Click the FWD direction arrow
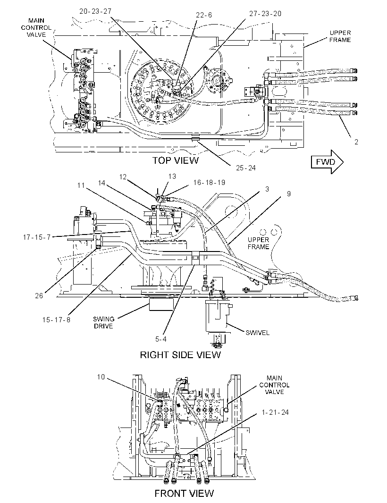[327, 162]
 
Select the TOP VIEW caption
[175, 160]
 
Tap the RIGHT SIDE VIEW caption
[180, 355]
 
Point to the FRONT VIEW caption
[184, 493]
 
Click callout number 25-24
[246, 168]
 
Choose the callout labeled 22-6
[204, 15]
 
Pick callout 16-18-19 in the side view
[209, 183]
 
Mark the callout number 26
[39, 295]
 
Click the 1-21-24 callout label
[275, 412]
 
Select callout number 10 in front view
[101, 377]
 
